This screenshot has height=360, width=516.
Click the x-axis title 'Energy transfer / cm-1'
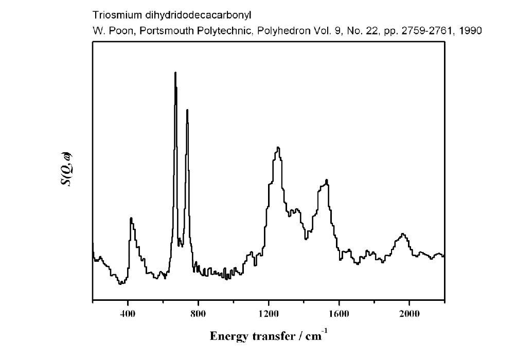click(x=268, y=337)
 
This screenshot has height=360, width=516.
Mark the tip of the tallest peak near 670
click(x=175, y=73)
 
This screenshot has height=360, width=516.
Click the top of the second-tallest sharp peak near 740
click(x=187, y=110)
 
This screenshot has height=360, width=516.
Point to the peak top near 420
click(x=131, y=218)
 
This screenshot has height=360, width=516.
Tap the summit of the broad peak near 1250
click(x=278, y=148)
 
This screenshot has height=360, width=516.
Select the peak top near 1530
click(x=327, y=179)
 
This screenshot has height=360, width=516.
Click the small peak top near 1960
click(x=403, y=234)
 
